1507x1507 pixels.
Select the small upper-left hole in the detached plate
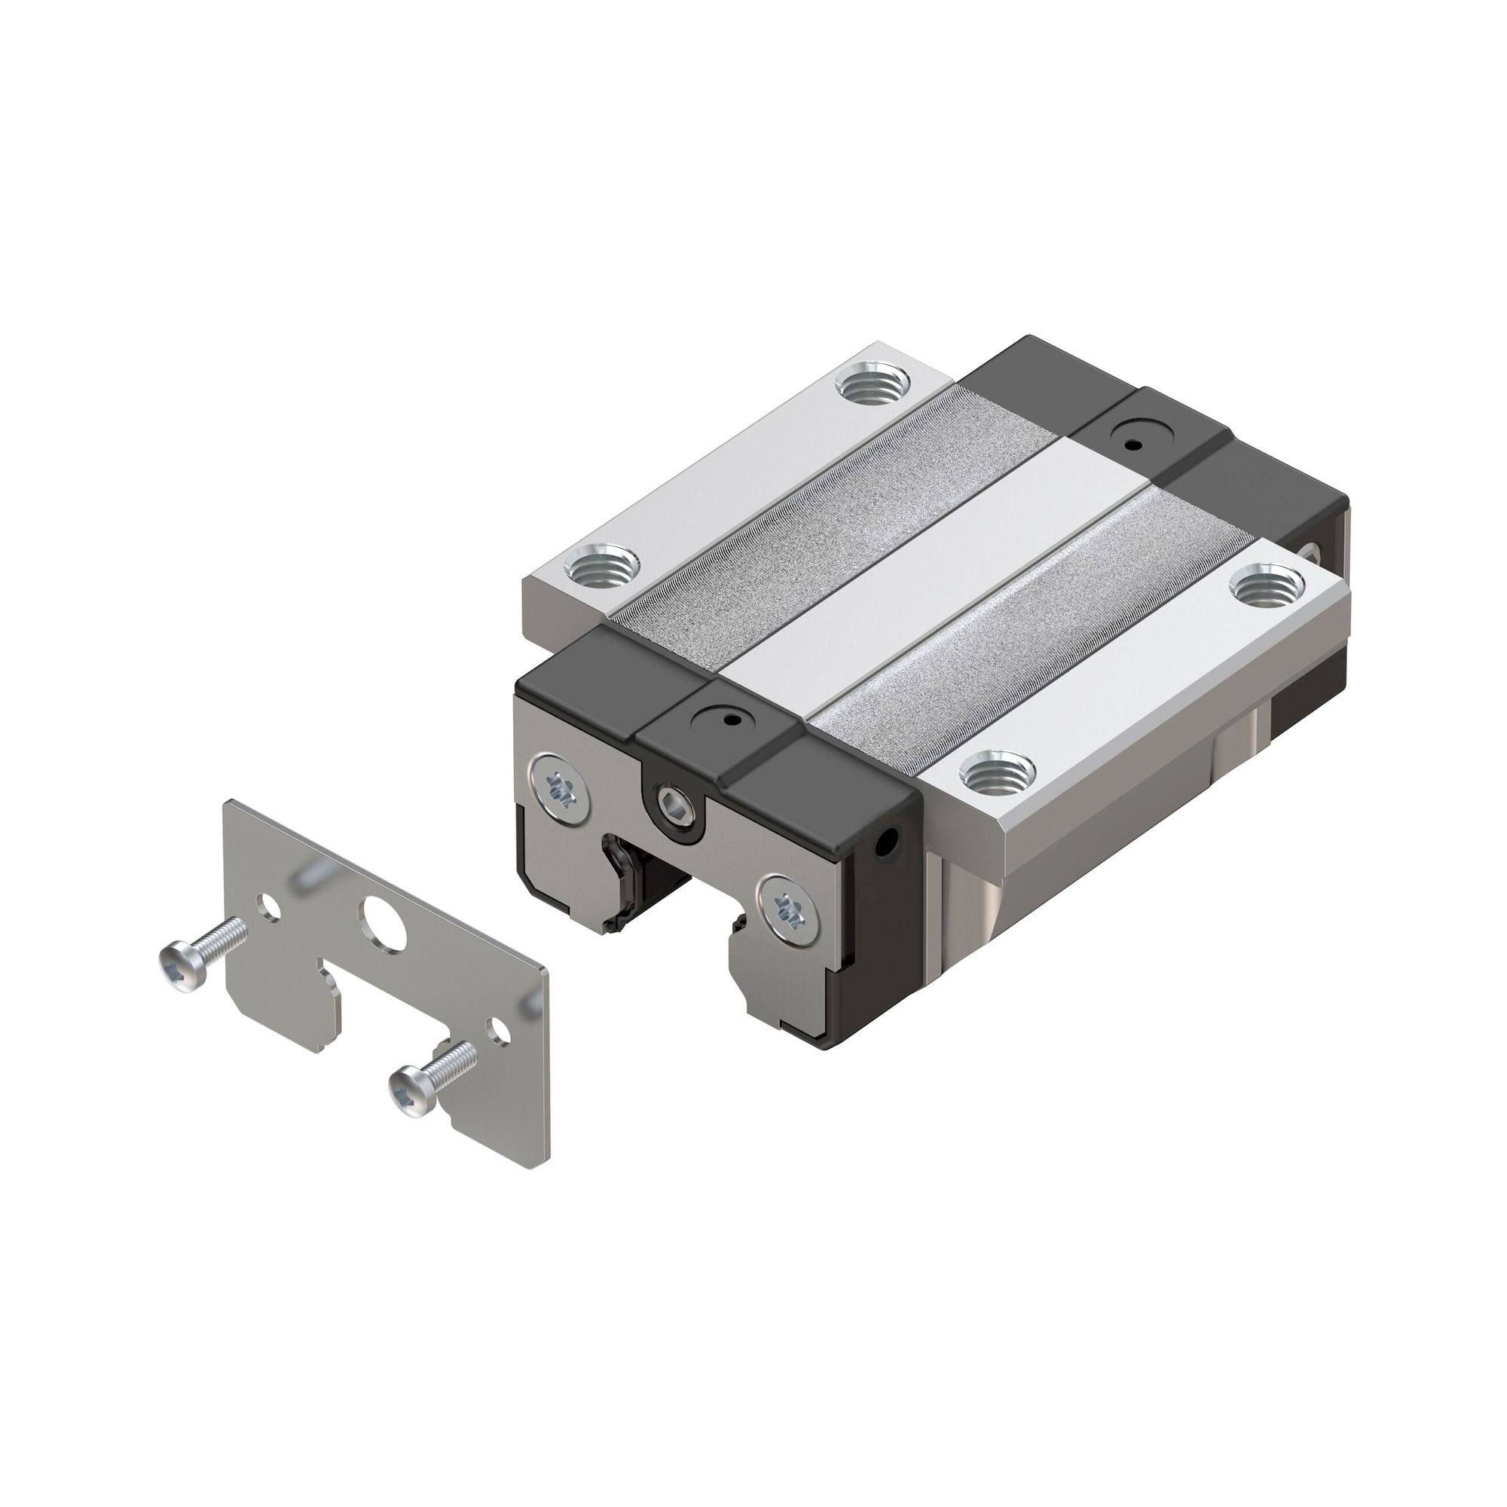(270, 908)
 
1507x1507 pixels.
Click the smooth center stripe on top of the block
(936, 577)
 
